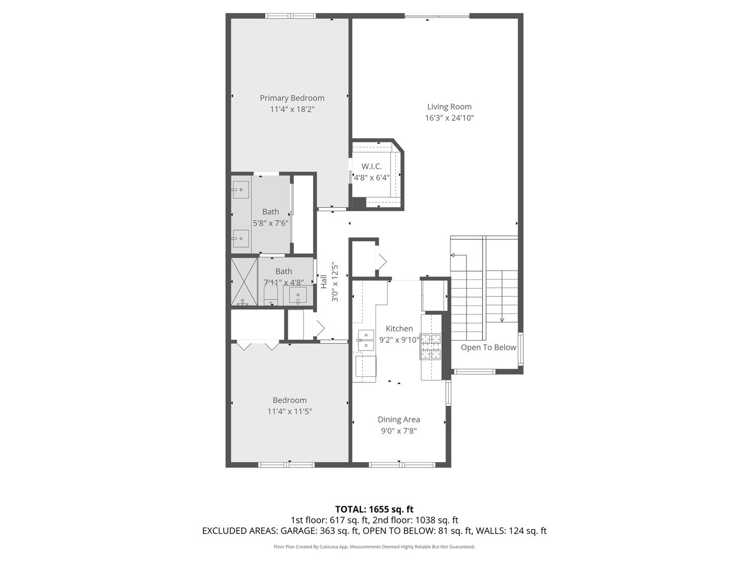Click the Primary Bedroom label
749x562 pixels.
click(292, 98)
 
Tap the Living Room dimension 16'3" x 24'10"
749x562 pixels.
click(449, 118)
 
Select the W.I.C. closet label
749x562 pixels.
click(371, 167)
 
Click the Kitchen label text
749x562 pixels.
click(399, 328)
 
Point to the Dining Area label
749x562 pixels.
click(398, 419)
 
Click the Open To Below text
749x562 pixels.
click(488, 347)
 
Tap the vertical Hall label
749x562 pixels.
click(324, 282)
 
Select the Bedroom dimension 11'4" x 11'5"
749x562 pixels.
click(289, 411)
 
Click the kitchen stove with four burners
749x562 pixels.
click(431, 347)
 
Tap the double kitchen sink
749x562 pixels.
click(366, 340)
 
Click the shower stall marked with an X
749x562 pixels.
click(244, 282)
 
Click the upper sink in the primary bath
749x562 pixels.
click(240, 190)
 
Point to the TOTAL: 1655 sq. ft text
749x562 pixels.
click(374, 509)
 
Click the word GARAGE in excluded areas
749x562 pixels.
click(301, 531)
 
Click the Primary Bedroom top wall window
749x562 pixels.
click(290, 16)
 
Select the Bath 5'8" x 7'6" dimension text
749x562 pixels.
click(270, 223)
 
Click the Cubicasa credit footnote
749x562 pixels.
click(374, 546)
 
